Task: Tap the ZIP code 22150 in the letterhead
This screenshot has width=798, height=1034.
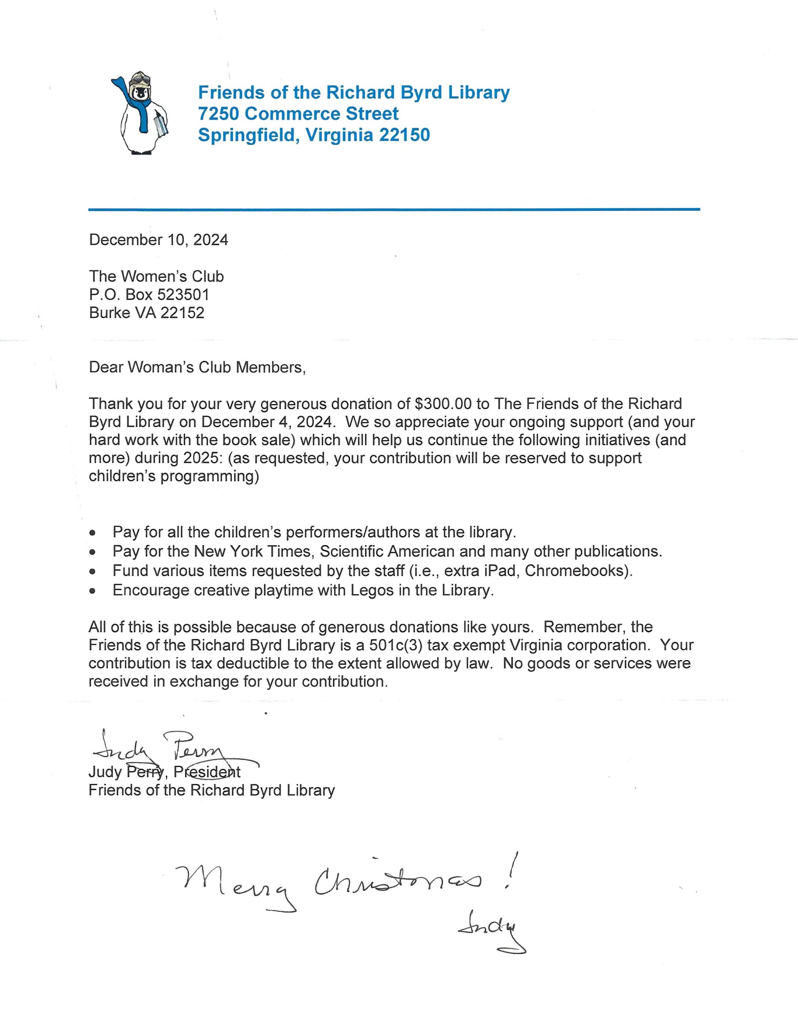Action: coord(405,135)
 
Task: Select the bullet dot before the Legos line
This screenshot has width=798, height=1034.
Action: coord(93,591)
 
